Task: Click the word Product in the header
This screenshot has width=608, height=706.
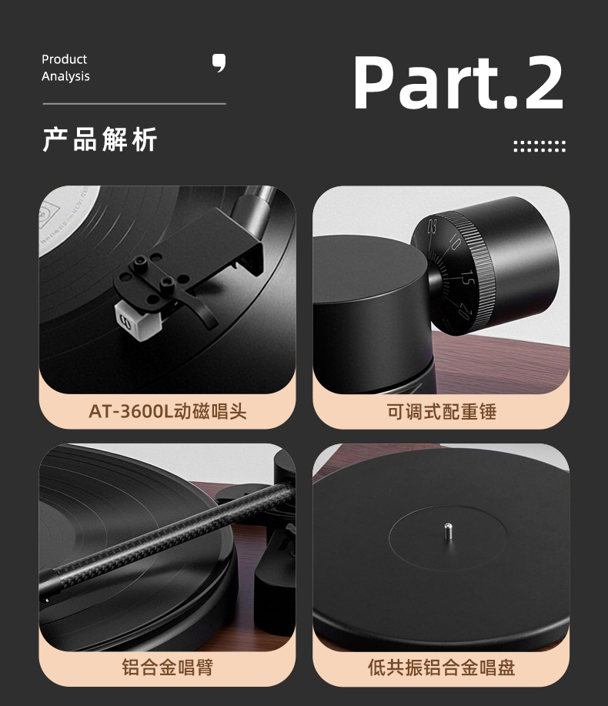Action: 65,59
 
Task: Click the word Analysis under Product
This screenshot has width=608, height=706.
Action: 65,76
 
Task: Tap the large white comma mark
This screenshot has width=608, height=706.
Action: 219,63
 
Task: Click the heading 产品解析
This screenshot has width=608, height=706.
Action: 100,139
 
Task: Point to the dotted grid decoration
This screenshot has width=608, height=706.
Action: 540,146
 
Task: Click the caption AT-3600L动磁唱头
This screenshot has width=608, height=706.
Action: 168,412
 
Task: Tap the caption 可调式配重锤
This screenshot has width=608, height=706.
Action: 442,412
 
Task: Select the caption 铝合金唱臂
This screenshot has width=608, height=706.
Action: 168,667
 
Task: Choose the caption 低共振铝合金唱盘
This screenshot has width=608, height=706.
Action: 441,667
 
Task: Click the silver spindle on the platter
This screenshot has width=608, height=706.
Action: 448,531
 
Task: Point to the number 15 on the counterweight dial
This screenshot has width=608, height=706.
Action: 468,278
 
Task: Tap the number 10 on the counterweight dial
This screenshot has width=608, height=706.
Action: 453,243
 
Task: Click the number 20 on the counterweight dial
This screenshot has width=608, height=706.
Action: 464,311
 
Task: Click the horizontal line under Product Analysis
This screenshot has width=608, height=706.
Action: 134,104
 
